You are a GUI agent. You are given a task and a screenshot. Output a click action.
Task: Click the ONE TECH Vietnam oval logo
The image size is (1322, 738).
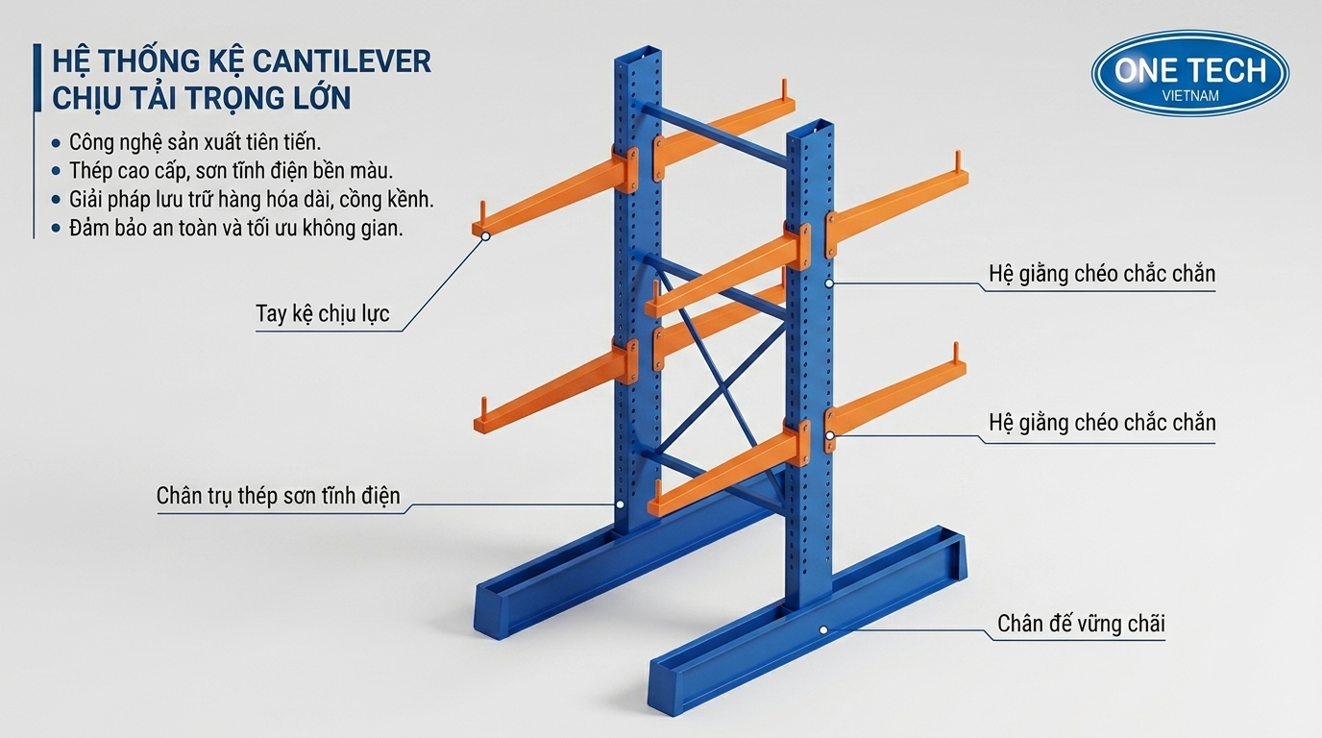tap(1189, 73)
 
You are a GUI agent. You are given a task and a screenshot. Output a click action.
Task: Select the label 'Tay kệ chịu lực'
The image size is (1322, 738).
tap(322, 313)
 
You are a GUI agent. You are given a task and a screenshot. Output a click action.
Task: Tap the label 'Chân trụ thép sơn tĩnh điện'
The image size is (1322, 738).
tap(278, 495)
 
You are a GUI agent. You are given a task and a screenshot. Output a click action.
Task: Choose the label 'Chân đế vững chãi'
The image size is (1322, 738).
tap(1081, 624)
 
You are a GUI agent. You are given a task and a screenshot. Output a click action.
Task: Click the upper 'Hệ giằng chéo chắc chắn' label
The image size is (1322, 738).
tap(1102, 274)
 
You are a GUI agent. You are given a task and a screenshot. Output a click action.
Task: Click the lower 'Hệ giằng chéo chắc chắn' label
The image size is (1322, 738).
tap(1102, 423)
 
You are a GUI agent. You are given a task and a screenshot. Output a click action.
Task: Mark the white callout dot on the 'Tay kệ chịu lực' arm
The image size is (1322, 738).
tap(486, 236)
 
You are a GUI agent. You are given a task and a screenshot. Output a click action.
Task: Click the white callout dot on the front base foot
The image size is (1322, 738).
tap(823, 630)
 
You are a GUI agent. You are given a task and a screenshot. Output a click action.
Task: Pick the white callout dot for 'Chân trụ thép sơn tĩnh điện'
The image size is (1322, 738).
tap(621, 504)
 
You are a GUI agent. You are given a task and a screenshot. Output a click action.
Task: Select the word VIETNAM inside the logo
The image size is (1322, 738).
tap(1190, 96)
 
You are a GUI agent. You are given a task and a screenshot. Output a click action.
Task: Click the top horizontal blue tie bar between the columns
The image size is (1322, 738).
tap(714, 134)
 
